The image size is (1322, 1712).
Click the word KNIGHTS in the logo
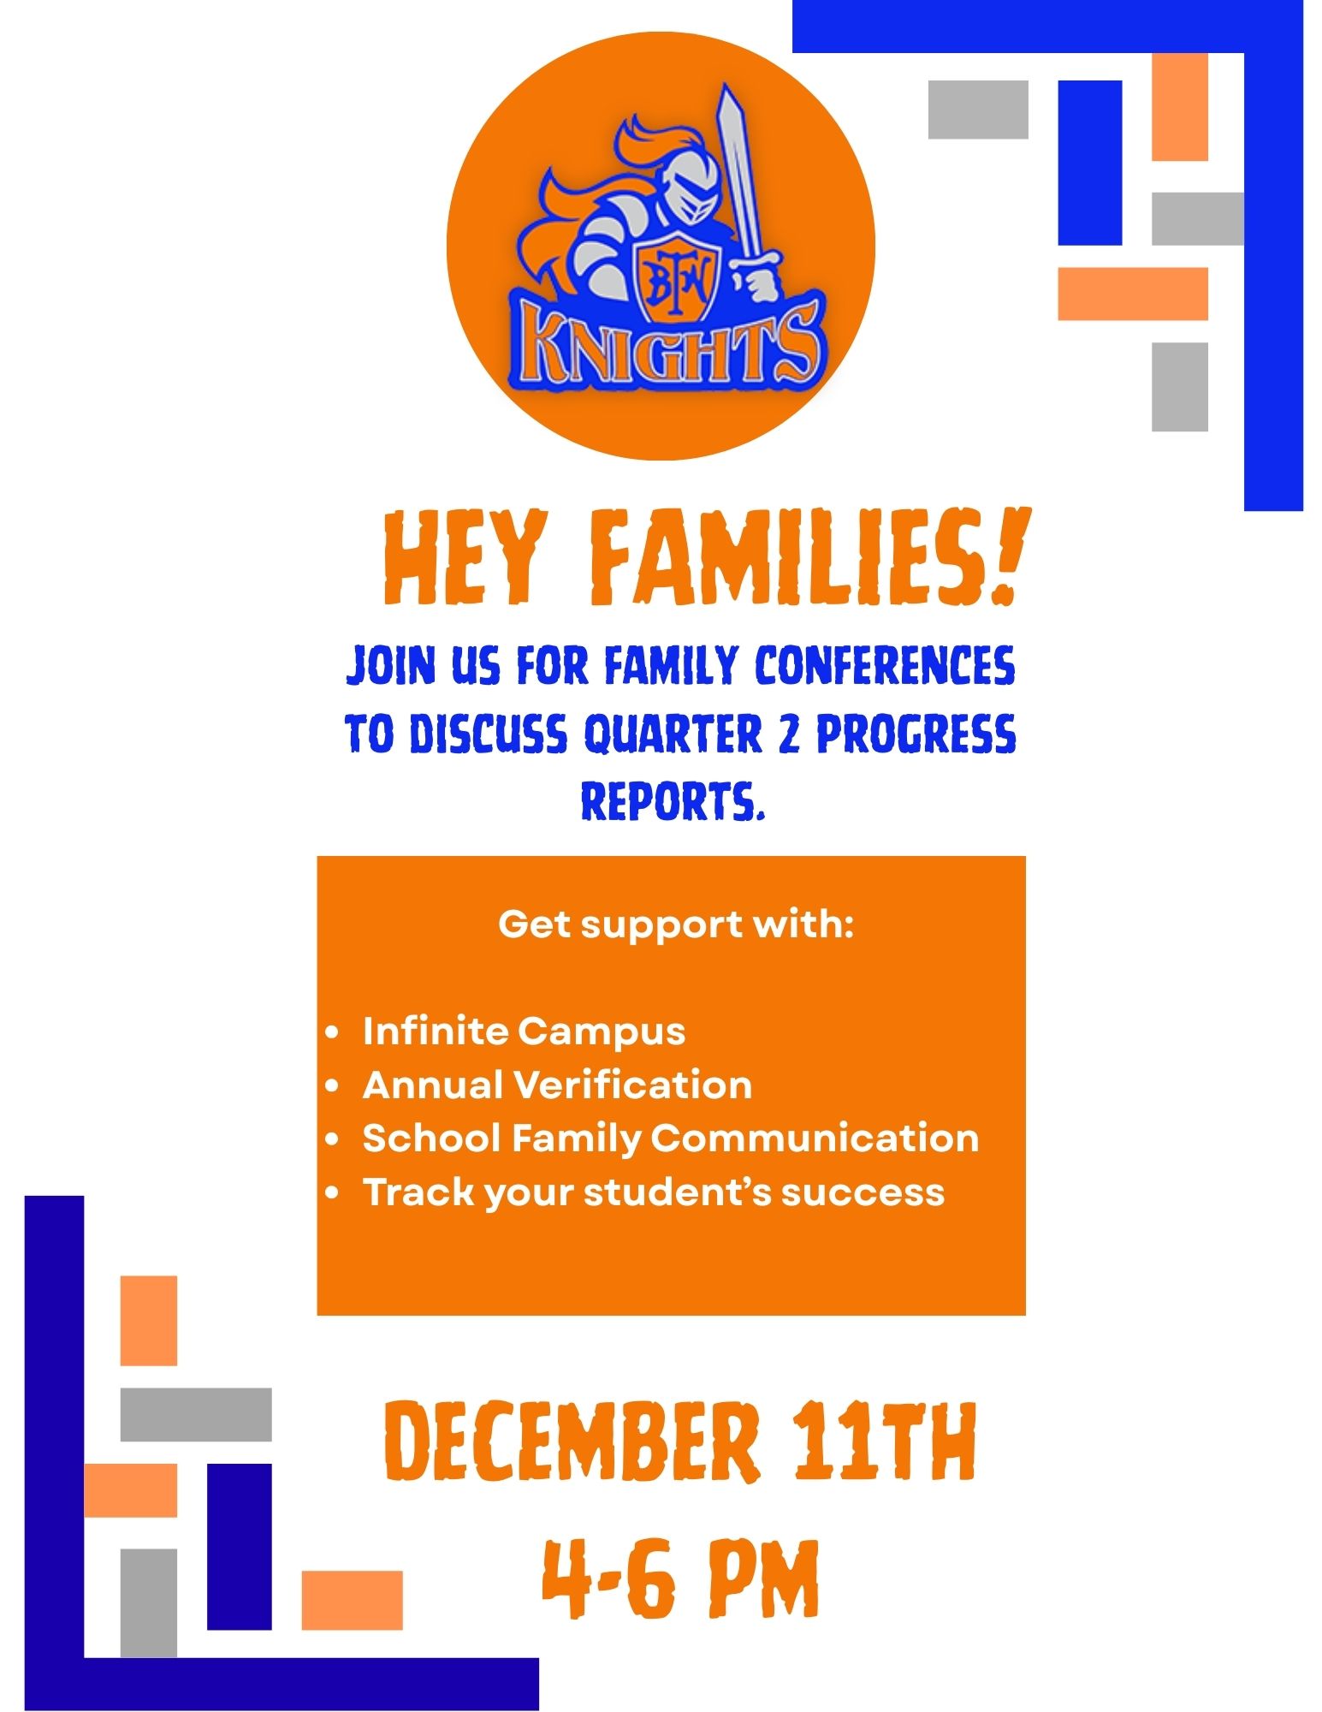[x=668, y=346]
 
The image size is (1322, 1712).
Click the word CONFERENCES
[x=885, y=666]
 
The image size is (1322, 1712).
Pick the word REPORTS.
[x=672, y=801]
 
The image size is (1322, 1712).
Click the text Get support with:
[x=676, y=924]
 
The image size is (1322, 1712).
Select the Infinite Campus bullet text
[x=524, y=1031]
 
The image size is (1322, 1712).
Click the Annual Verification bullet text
[x=557, y=1085]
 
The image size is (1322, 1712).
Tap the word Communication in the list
[x=815, y=1138]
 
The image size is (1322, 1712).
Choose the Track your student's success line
[x=654, y=1192]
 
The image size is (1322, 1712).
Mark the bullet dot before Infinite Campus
[x=333, y=1032]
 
